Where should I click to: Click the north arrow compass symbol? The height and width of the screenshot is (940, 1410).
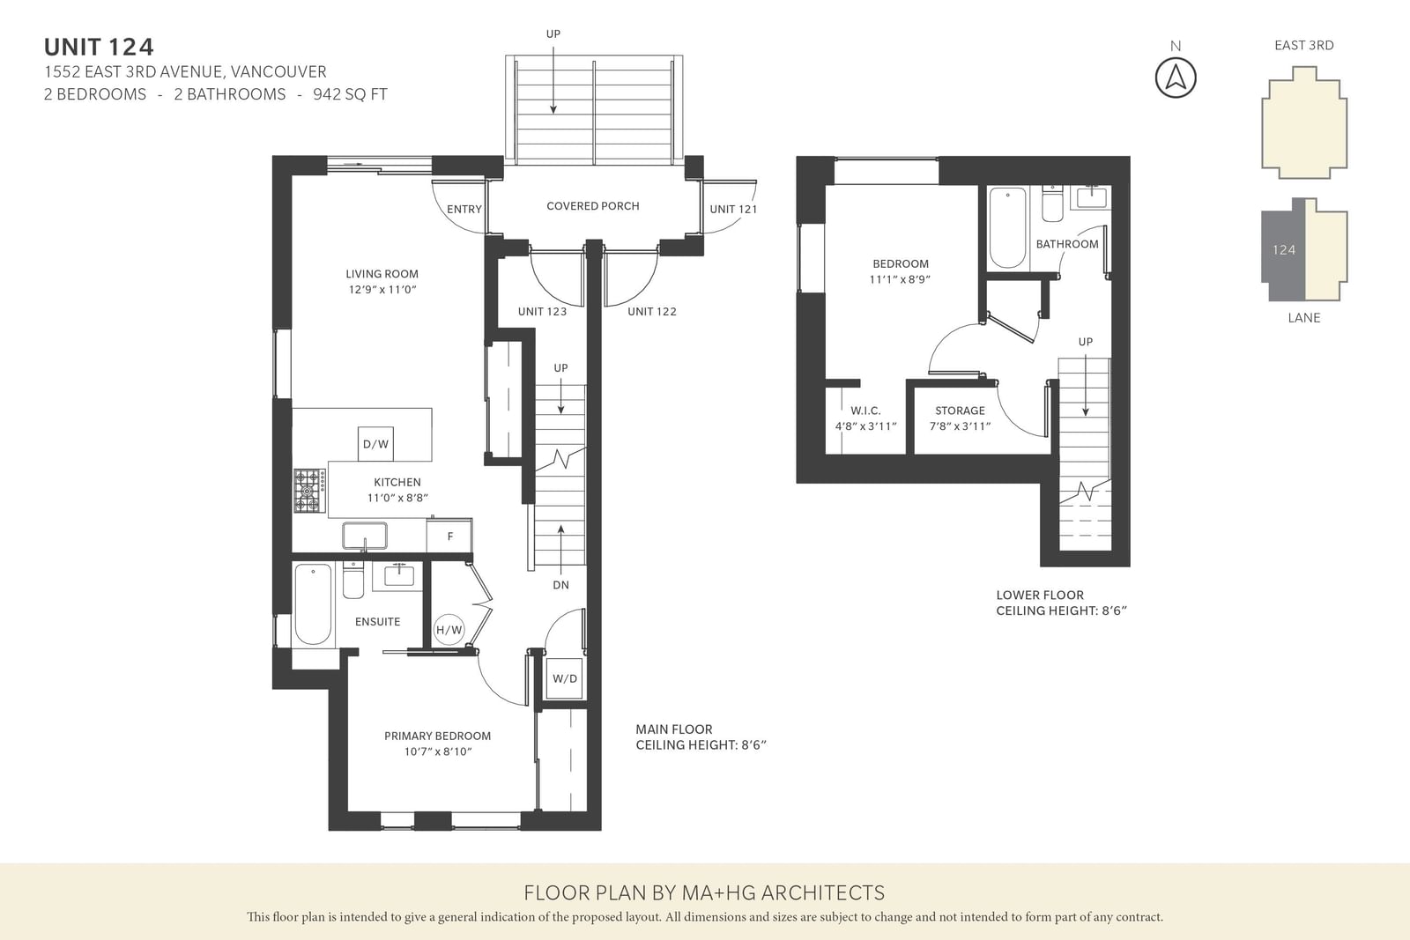1176,78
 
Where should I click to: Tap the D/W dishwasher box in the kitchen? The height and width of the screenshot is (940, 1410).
375,444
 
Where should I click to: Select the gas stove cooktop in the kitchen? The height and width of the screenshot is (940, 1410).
309,490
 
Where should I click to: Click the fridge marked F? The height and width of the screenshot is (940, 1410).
449,536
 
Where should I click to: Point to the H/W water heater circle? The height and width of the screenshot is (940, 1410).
449,629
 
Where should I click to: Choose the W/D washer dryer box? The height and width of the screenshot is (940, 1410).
565,678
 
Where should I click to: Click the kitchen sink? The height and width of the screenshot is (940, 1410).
365,536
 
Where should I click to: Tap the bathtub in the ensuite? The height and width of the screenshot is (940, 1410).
313,604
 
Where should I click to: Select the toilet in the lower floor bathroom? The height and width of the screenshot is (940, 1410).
1052,204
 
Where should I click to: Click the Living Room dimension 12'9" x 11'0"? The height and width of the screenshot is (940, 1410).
382,290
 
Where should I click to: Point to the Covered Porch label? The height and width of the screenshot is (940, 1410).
593,206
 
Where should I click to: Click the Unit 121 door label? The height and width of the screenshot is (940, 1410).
733,209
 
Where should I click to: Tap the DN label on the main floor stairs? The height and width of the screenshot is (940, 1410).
560,584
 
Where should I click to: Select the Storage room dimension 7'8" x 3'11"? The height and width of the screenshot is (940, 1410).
960,426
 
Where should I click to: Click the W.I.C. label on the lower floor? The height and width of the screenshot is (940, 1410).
865,411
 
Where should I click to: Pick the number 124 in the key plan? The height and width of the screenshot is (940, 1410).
1283,250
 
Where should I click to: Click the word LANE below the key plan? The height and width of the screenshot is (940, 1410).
1303,318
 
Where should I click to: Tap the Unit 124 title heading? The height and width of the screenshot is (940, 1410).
99,48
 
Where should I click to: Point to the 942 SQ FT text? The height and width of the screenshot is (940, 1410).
350,94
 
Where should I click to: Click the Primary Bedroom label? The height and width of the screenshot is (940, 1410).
437,736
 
